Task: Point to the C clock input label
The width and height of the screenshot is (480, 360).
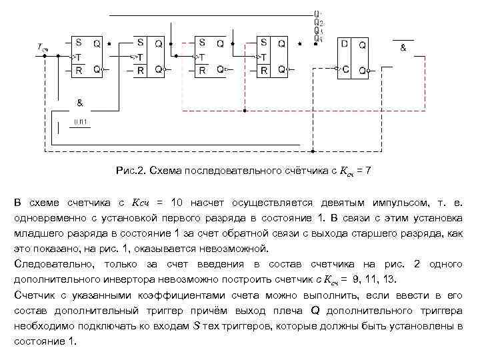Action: coord(345,69)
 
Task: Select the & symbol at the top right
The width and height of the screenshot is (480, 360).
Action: coord(403,48)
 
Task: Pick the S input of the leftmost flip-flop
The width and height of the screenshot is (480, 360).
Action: coord(78,43)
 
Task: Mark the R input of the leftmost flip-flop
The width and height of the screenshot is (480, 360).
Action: coord(78,69)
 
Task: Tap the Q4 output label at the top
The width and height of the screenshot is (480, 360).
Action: coord(319,38)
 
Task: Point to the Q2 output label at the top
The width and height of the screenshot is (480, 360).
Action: coord(319,22)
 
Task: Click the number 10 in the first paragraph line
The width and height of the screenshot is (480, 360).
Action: coord(177,202)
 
